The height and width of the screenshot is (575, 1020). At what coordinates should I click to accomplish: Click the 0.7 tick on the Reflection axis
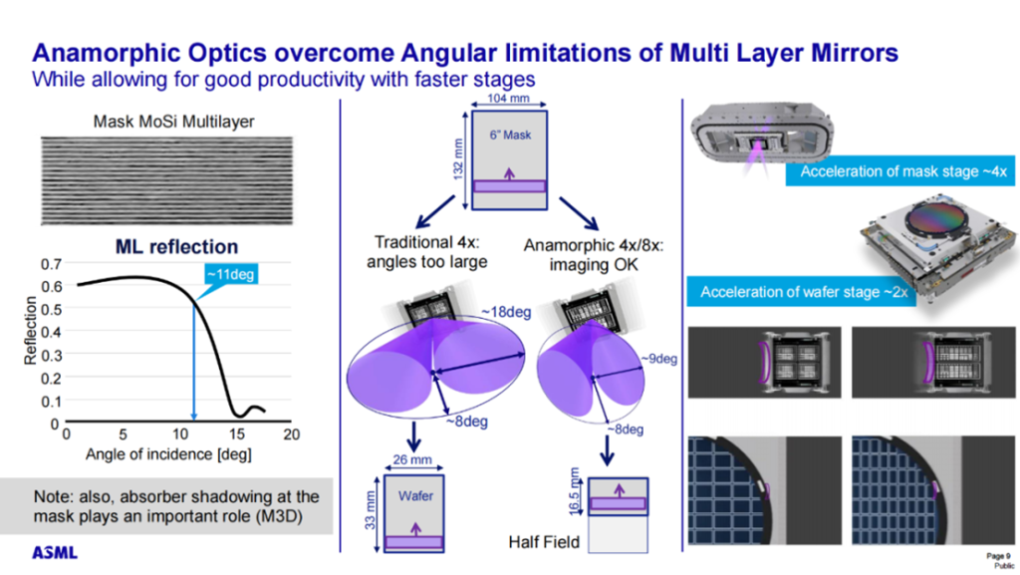(x=49, y=265)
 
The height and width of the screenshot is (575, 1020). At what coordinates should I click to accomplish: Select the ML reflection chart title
(x=176, y=246)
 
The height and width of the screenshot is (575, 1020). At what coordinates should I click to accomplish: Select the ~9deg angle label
(x=658, y=357)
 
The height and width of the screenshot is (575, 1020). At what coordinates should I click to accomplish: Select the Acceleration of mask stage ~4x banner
(x=904, y=171)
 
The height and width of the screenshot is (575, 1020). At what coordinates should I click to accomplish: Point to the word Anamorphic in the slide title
(x=110, y=53)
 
